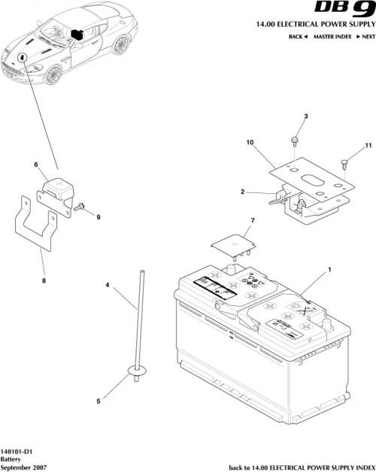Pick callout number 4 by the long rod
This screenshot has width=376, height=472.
point(108,286)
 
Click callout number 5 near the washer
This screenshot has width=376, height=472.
point(99,401)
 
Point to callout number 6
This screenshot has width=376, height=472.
point(35,164)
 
